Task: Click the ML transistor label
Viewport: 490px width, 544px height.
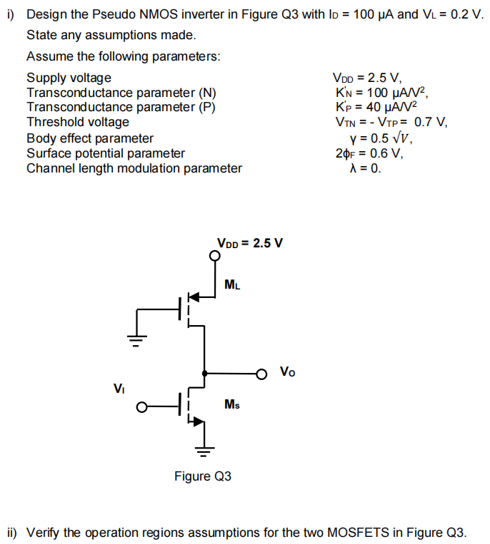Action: click(x=232, y=285)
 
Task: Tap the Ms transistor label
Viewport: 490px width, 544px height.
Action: click(x=231, y=404)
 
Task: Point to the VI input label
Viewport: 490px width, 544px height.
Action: click(x=119, y=389)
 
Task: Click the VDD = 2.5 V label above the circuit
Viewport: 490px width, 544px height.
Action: click(x=250, y=242)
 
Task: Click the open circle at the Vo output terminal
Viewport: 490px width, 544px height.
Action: click(x=262, y=373)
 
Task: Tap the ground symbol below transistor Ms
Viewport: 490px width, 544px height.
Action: click(x=205, y=449)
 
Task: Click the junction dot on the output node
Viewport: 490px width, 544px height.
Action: click(x=205, y=373)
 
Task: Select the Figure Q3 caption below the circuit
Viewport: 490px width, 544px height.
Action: click(x=203, y=476)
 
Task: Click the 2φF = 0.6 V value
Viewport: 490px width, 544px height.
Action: click(x=369, y=153)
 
